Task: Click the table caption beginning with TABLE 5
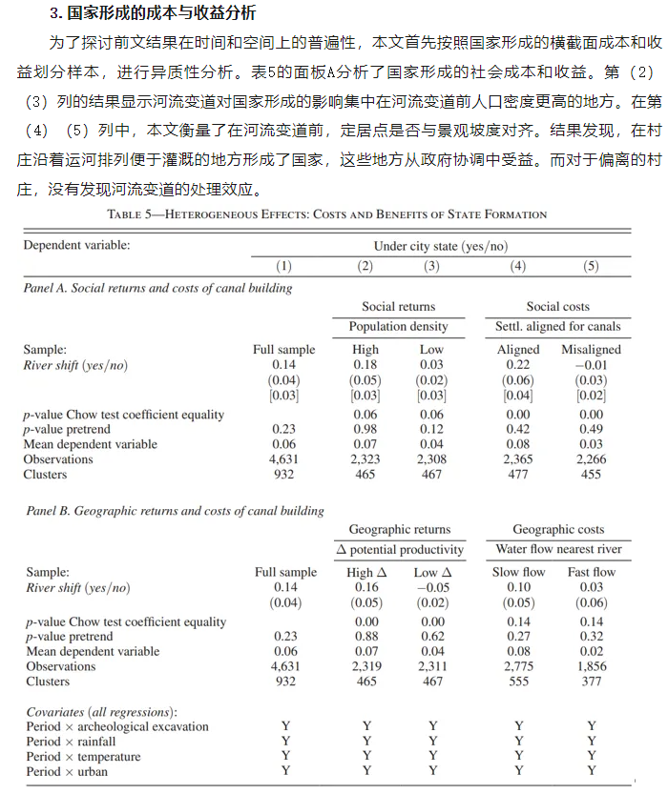click(x=327, y=214)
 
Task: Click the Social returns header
click(x=398, y=307)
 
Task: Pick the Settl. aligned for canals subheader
click(x=557, y=326)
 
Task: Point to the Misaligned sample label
click(x=591, y=350)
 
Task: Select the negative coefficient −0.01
click(x=591, y=365)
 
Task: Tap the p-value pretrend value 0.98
click(x=365, y=430)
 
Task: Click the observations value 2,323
click(x=365, y=459)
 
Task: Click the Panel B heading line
click(x=175, y=511)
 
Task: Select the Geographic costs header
click(x=557, y=530)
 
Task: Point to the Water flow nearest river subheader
click(x=558, y=549)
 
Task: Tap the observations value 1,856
click(x=591, y=666)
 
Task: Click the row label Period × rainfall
click(x=71, y=742)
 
